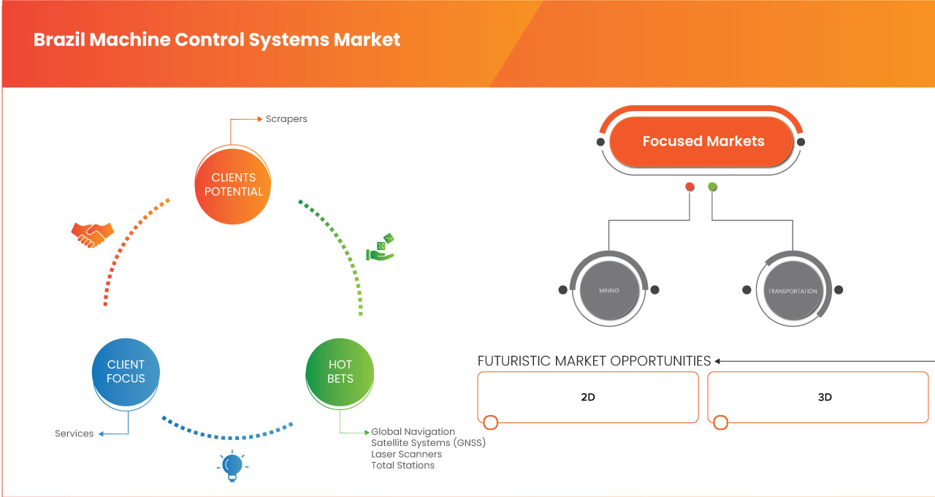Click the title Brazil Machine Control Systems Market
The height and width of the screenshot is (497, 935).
(216, 39)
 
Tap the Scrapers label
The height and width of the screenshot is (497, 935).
(286, 118)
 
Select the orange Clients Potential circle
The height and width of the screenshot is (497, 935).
(233, 184)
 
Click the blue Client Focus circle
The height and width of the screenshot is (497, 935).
(126, 371)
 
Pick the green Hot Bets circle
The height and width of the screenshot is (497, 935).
(340, 371)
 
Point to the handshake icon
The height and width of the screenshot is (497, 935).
(92, 234)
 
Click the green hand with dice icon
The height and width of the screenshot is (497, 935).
(381, 248)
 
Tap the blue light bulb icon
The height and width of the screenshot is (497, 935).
(232, 465)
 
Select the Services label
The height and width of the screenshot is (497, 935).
(75, 433)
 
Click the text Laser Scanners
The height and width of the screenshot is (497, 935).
(406, 454)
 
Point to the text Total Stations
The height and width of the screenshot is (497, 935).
(402, 465)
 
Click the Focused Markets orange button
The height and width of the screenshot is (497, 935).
(703, 141)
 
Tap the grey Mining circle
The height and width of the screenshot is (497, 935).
(608, 290)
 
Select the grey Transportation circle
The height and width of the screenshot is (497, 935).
(792, 290)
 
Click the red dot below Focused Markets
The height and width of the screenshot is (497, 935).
(689, 187)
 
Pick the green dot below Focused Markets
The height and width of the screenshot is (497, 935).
(712, 187)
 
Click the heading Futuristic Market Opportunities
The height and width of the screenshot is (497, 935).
(594, 361)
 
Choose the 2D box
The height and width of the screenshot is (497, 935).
(588, 397)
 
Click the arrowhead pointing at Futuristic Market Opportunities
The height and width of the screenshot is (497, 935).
(718, 361)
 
